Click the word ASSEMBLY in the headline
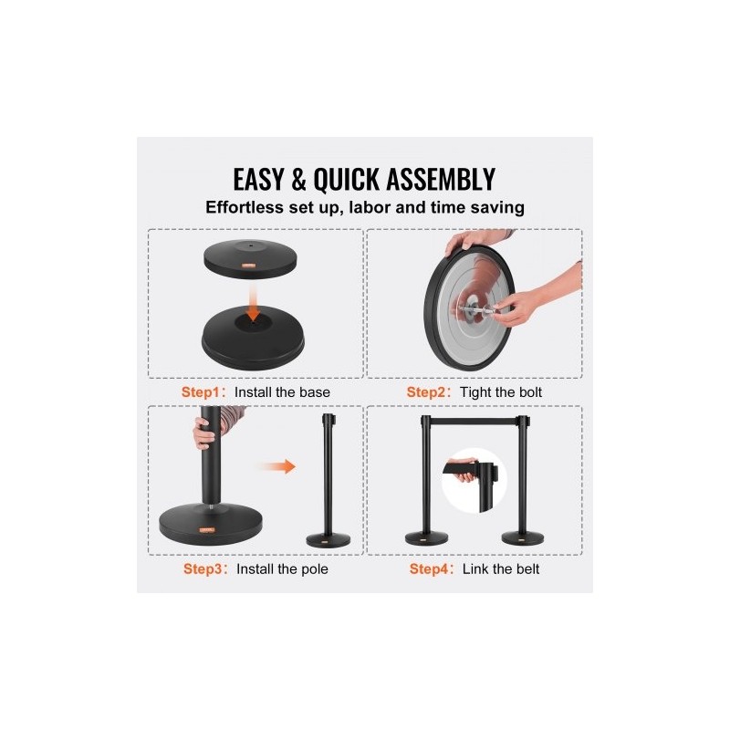pos(441,179)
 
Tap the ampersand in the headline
pos(298,179)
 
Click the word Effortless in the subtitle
pos(245,207)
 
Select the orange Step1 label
pos(200,392)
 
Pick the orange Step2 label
pos(425,392)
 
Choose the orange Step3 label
pos(203,568)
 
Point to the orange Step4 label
pos(428,568)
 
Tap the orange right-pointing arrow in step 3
pos(277,466)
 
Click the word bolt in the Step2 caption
pos(530,392)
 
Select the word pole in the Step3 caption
pos(315,569)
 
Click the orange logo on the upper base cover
pos(248,266)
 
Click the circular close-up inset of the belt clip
pos(474,481)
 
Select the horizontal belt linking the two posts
pos(474,422)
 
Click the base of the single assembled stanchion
pos(328,540)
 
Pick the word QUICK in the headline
pos(347,180)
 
